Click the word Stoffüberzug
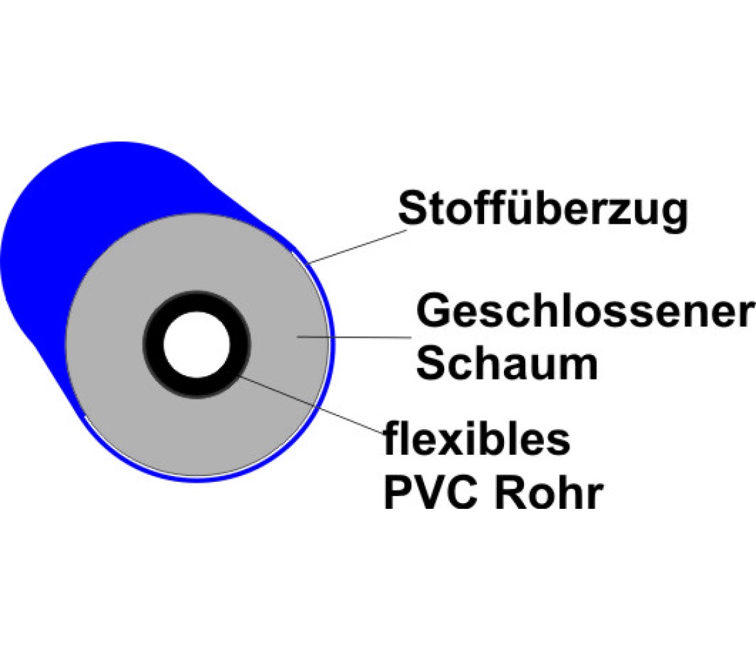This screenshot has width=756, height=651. [x=543, y=209]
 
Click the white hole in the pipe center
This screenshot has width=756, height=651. [x=197, y=345]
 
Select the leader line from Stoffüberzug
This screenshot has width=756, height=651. [x=357, y=246]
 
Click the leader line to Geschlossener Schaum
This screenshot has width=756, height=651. [x=354, y=337]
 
